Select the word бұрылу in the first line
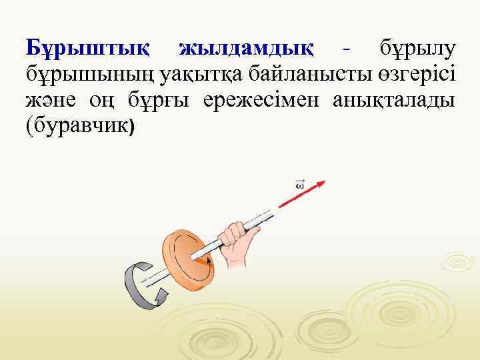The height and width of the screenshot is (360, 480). coord(417,48)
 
